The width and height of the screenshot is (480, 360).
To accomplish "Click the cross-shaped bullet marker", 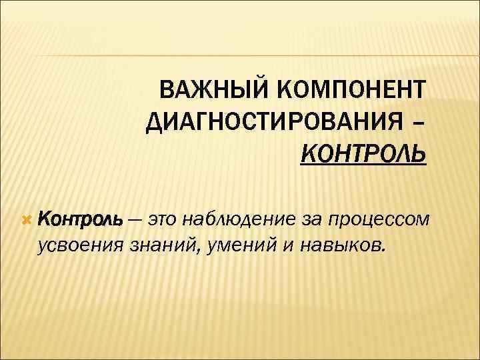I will (x=27, y=219).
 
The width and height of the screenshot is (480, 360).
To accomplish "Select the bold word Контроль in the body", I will (x=80, y=219).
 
